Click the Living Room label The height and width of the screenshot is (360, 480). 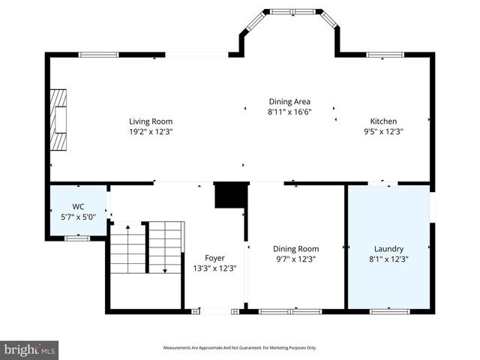pos(151,121)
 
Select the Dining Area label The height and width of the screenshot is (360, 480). pos(289,101)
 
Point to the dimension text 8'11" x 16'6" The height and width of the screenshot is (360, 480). pos(289,112)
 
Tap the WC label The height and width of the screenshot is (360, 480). pos(78,206)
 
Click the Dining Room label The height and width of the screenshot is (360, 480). pos(295,249)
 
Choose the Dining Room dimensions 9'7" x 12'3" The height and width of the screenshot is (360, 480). pos(295,259)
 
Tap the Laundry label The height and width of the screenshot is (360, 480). pos(388,249)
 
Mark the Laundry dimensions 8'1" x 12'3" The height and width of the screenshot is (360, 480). pos(388,259)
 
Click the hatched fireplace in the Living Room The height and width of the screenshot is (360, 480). pos(58,121)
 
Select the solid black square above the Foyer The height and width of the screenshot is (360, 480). pos(231,195)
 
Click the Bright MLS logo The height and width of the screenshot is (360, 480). pos(29,349)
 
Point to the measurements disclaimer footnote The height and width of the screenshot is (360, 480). pos(240,348)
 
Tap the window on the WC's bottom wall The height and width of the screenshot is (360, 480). pos(76,238)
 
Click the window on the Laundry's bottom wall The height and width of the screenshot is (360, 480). pos(389,310)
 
